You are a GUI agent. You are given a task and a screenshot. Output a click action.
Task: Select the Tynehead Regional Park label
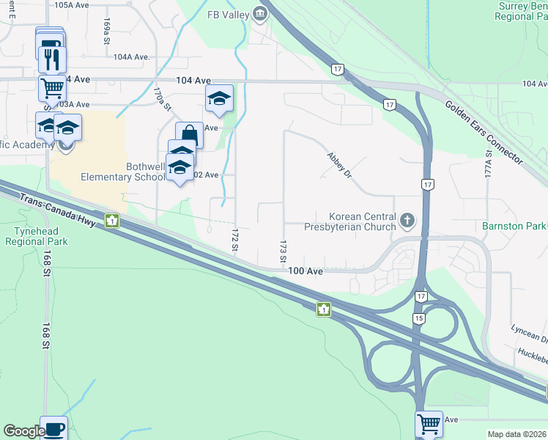pyautogui.click(x=30, y=235)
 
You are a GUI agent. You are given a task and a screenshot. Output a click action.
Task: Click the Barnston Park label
pyautogui.click(x=514, y=226)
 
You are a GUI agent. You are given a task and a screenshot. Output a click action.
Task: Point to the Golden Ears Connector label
pyautogui.click(x=483, y=131)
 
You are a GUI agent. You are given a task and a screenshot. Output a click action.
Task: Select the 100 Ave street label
pyautogui.click(x=306, y=271)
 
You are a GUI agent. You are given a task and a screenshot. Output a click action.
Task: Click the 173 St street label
pyautogui.click(x=282, y=250)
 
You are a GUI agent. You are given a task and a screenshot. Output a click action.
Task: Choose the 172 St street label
pyautogui.click(x=235, y=240)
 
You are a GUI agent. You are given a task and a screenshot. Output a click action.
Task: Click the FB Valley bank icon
pyautogui.click(x=259, y=13)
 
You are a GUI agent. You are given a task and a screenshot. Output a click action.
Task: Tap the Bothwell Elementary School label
pyautogui.click(x=123, y=172)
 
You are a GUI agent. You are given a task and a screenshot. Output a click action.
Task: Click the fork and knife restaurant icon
pyautogui.click(x=52, y=59)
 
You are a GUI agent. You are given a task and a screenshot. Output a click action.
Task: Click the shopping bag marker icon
pyautogui.click(x=189, y=134)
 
